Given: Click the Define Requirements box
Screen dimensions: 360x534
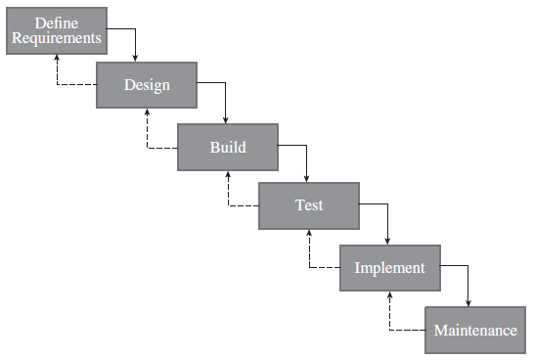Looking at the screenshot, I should pyautogui.click(x=56, y=31).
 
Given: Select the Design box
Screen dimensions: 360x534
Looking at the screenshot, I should pyautogui.click(x=146, y=85).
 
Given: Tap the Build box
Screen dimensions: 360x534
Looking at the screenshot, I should pyautogui.click(x=227, y=147).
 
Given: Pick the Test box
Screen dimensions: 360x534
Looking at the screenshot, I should pyautogui.click(x=308, y=205).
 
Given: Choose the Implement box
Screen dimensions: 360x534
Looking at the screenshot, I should pyautogui.click(x=389, y=267).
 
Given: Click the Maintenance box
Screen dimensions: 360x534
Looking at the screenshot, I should pyautogui.click(x=475, y=330).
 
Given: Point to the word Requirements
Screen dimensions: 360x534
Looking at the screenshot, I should pyautogui.click(x=56, y=39).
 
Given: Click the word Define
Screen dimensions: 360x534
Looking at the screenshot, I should pyautogui.click(x=56, y=22).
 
